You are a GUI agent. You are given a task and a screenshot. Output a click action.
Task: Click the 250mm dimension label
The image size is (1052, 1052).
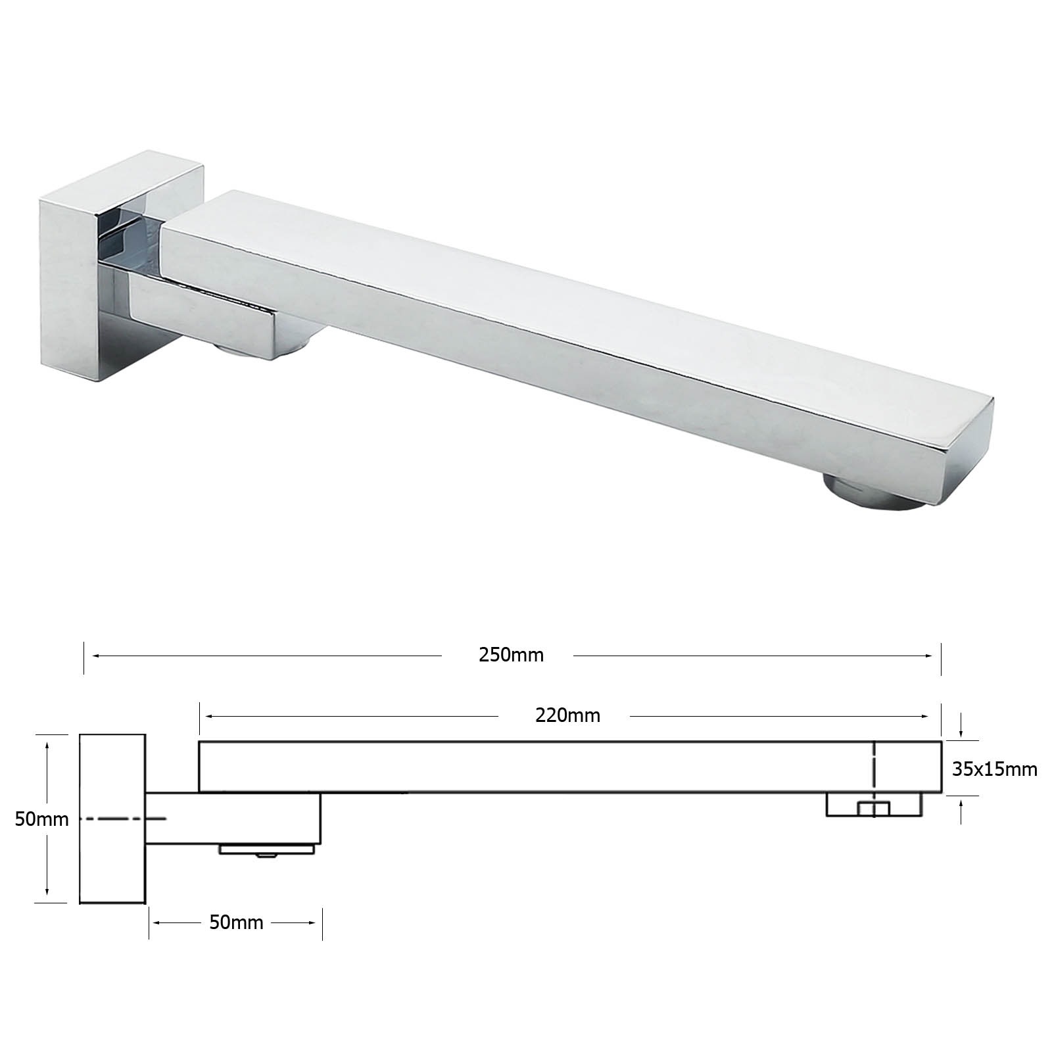[x=511, y=656]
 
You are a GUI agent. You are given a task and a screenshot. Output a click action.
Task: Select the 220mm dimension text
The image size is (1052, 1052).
[x=567, y=715]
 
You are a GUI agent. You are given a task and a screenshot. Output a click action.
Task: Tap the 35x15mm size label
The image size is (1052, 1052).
[x=995, y=769]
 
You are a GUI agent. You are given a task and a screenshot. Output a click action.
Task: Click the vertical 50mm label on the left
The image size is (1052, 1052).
[x=42, y=819]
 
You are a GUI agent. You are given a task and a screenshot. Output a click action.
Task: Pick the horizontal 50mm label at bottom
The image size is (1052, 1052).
[x=236, y=922]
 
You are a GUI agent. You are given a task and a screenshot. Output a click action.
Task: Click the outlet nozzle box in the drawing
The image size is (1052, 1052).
[x=874, y=805]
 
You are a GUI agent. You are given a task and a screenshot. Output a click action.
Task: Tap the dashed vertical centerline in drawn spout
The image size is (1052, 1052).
[x=874, y=766]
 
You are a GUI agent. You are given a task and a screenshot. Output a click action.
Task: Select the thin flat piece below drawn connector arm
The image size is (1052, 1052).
[x=266, y=849]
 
